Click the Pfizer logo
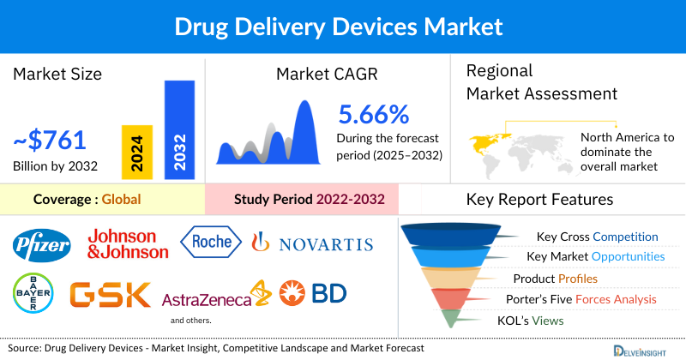coord(41,246)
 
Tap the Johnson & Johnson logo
coord(128,244)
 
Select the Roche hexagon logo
coord(211,242)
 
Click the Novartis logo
coord(312,244)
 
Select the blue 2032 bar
coord(179,129)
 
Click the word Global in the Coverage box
coord(121,200)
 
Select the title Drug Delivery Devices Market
coord(343,27)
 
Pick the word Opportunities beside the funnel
coord(631,257)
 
